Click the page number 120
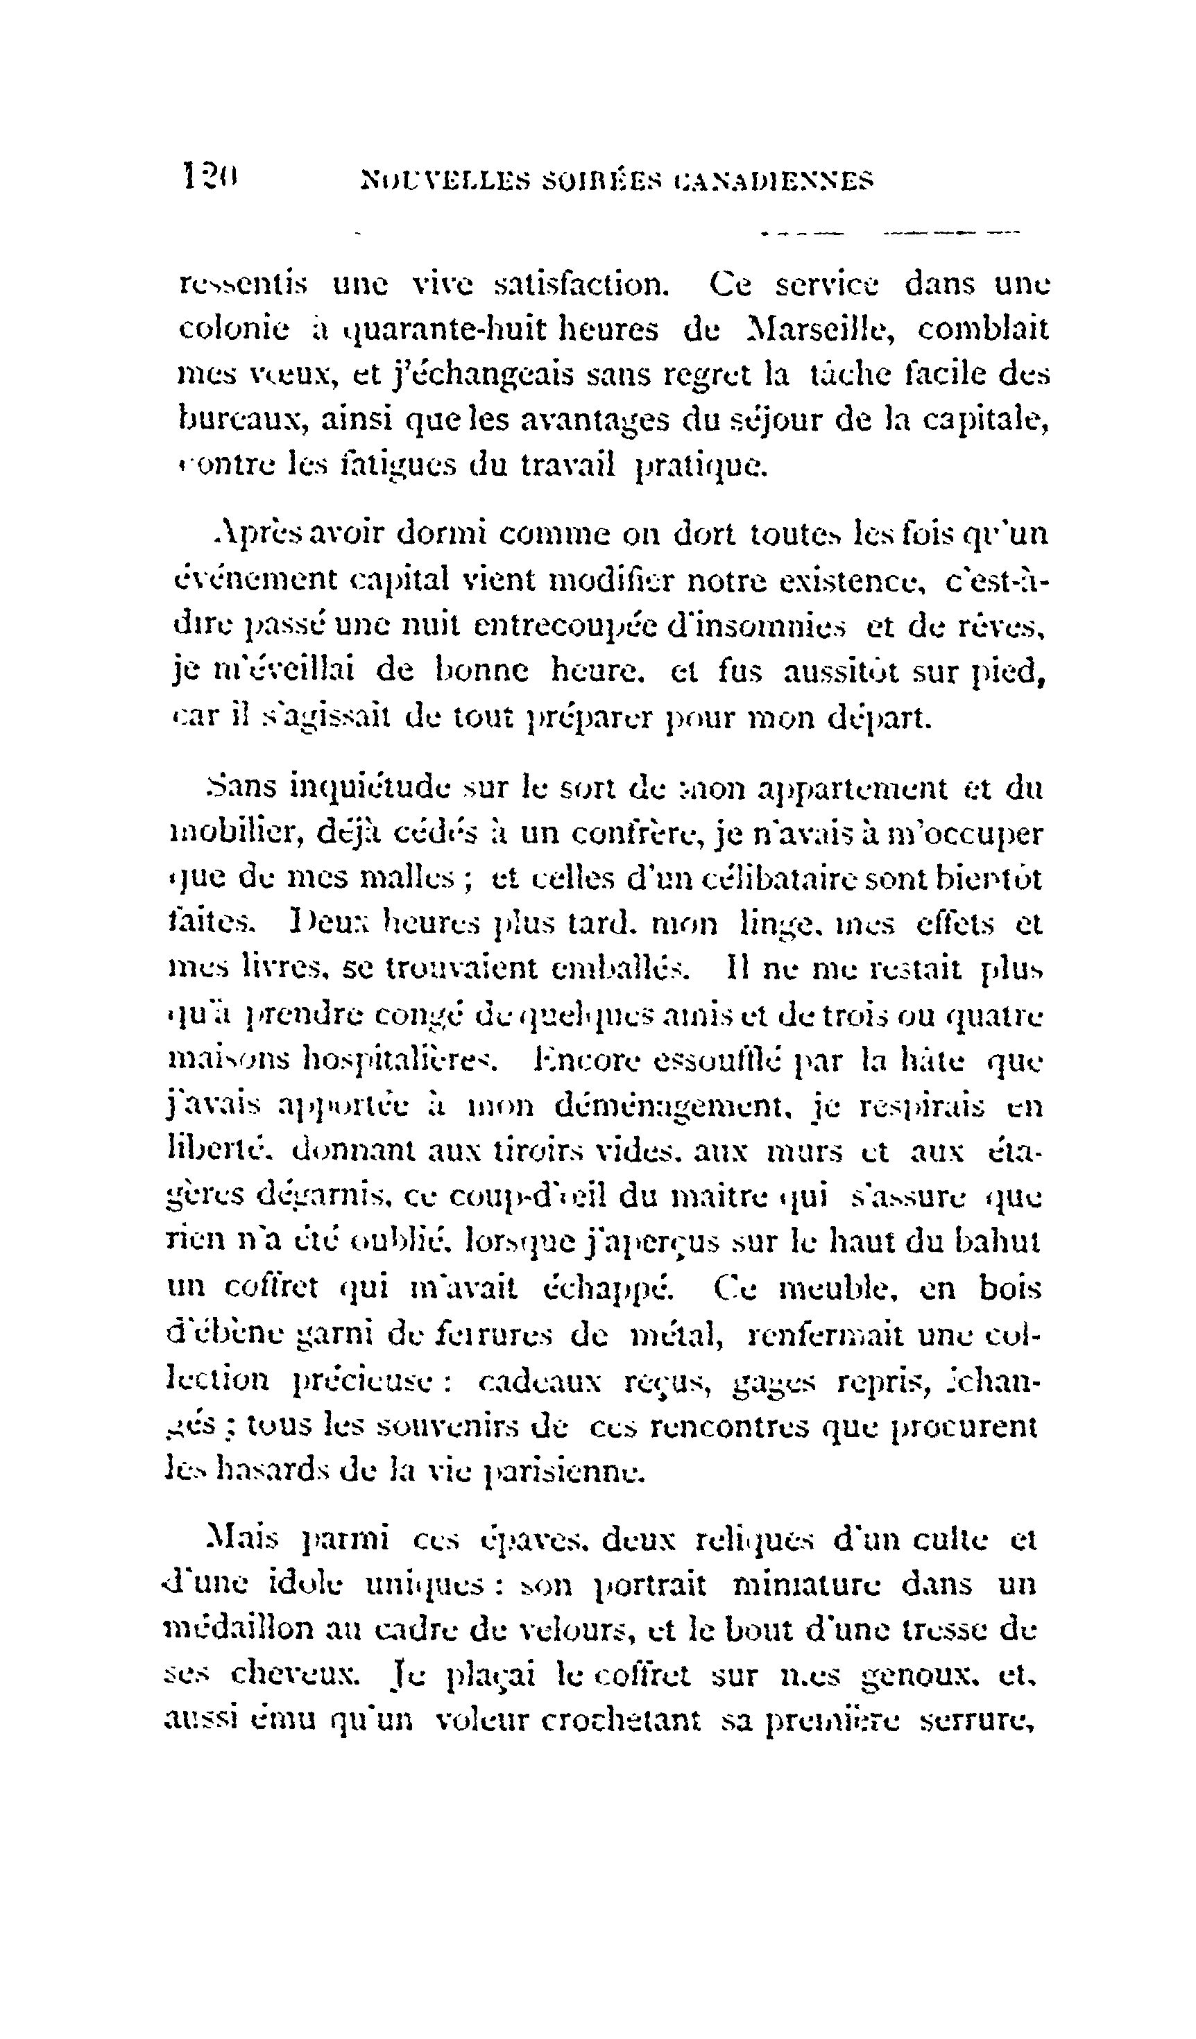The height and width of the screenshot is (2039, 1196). point(209,175)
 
